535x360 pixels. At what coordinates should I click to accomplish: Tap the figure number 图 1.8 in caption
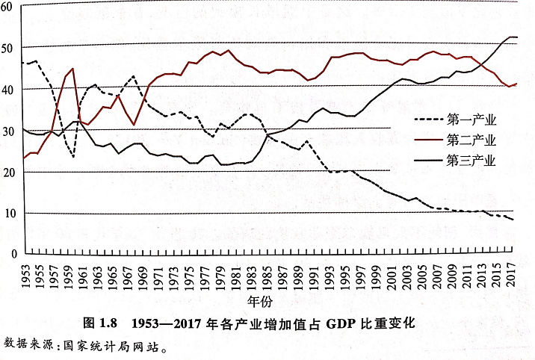click(100, 324)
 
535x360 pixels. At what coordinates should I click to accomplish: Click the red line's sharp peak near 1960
click(72, 69)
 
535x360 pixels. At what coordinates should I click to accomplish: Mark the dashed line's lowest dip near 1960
click(73, 157)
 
